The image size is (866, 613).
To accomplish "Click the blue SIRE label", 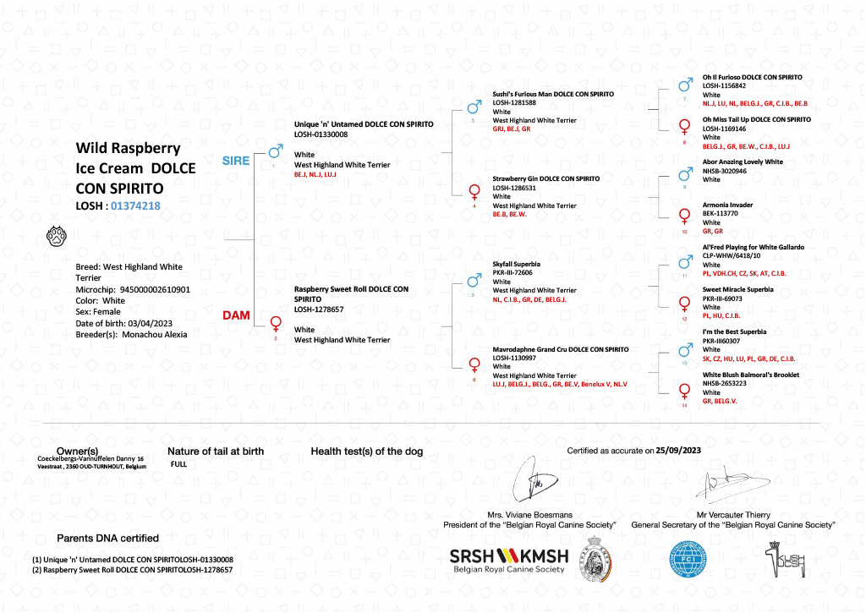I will [x=236, y=161].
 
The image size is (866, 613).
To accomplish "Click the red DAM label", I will [x=235, y=315].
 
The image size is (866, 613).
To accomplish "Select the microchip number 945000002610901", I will [x=155, y=289].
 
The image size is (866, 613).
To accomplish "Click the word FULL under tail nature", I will [x=178, y=464].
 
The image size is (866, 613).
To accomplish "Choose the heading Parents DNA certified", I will [x=107, y=539].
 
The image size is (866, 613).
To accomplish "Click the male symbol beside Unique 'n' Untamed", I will [x=275, y=152].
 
